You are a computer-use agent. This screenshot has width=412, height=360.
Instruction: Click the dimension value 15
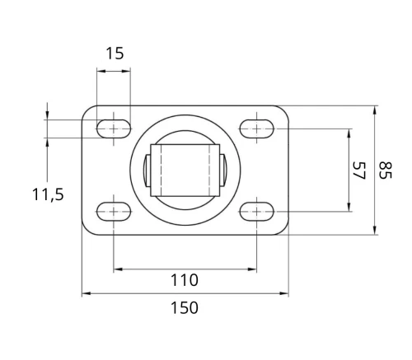click(115, 54)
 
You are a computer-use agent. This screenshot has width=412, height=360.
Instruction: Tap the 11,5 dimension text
click(48, 194)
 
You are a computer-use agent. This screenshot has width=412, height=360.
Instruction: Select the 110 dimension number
click(185, 280)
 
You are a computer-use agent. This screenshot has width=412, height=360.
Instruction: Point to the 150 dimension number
click(185, 307)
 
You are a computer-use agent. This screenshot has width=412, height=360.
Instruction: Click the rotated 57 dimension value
click(359, 171)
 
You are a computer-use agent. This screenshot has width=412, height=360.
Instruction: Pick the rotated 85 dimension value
click(385, 171)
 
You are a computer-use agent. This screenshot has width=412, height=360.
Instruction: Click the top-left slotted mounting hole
click(114, 129)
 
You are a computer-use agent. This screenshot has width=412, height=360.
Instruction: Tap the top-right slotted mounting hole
click(257, 129)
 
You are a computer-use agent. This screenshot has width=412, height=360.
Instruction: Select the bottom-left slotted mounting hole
click(114, 212)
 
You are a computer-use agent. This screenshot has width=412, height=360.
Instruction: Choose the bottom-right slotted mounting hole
click(257, 212)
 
